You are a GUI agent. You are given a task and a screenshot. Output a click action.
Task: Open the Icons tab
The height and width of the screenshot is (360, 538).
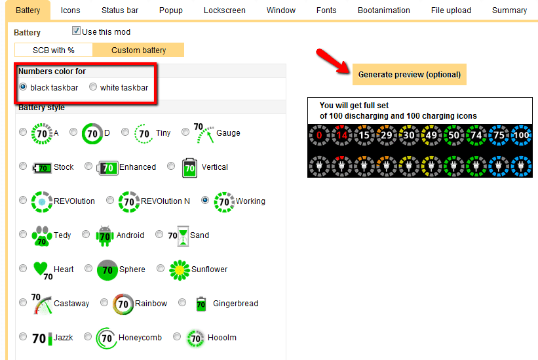pyautogui.click(x=70, y=10)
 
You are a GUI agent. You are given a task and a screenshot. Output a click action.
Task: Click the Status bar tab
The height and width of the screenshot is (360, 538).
pyautogui.click(x=120, y=10)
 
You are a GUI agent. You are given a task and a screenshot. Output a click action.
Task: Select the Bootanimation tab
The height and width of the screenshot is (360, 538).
pyautogui.click(x=383, y=10)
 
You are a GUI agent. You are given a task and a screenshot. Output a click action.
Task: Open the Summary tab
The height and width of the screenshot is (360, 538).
pyautogui.click(x=509, y=10)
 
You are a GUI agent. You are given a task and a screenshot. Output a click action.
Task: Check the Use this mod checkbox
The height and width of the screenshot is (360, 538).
pyautogui.click(x=76, y=31)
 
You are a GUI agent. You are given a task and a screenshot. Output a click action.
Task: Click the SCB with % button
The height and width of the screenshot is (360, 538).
pyautogui.click(x=54, y=50)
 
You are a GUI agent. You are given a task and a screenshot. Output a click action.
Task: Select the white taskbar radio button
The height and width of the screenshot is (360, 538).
pyautogui.click(x=93, y=87)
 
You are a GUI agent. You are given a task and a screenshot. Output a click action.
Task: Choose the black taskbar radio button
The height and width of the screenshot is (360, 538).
pyautogui.click(x=23, y=87)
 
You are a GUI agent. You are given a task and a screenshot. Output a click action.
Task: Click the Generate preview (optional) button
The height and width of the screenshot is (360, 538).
pyautogui.click(x=410, y=75)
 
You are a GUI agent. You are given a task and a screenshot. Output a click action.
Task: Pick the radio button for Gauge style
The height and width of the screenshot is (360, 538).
pyautogui.click(x=185, y=132)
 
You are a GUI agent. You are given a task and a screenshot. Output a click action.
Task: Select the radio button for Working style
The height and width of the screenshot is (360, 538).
pyautogui.click(x=205, y=200)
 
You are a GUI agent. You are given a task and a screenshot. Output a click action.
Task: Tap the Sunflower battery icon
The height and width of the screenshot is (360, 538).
pyautogui.click(x=180, y=270)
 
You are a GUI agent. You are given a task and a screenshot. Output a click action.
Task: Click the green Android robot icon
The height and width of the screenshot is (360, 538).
pyautogui.click(x=105, y=236)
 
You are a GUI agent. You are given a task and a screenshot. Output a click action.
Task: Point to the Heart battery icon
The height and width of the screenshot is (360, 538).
pyautogui.click(x=41, y=268)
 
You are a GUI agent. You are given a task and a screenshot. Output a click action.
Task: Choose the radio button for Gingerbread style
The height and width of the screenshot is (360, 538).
pyautogui.click(x=182, y=302)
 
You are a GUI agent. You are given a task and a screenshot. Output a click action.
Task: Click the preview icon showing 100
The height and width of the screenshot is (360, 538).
pyautogui.click(x=521, y=135)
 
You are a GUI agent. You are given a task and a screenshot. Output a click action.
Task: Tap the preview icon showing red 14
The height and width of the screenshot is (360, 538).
pyautogui.click(x=342, y=135)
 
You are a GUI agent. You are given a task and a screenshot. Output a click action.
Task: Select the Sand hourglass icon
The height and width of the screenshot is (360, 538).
pyautogui.click(x=183, y=236)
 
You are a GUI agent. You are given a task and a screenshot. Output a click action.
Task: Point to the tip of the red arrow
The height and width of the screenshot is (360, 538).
pyautogui.click(x=349, y=72)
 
